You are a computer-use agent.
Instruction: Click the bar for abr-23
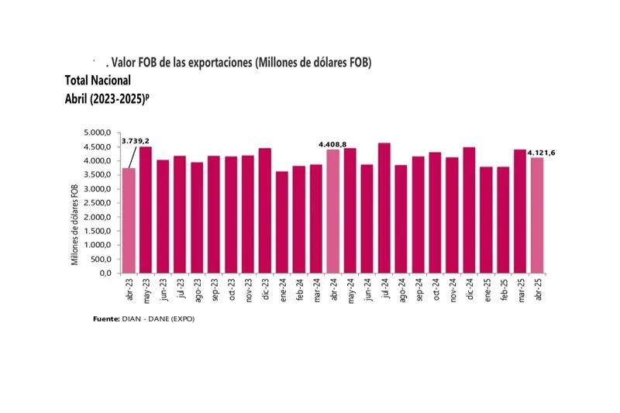(129, 221)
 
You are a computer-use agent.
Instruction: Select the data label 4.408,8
(332, 143)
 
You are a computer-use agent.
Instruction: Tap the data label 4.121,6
(542, 153)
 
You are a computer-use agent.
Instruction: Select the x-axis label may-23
(146, 288)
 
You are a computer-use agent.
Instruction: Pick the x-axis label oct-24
(435, 288)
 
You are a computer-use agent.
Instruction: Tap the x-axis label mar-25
(520, 288)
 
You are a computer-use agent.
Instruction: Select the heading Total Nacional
(98, 80)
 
